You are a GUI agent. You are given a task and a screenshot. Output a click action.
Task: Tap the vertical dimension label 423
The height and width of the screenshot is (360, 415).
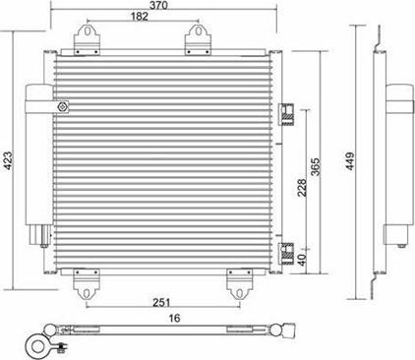9,166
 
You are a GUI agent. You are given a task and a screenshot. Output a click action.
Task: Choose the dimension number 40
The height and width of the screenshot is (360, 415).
302,262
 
